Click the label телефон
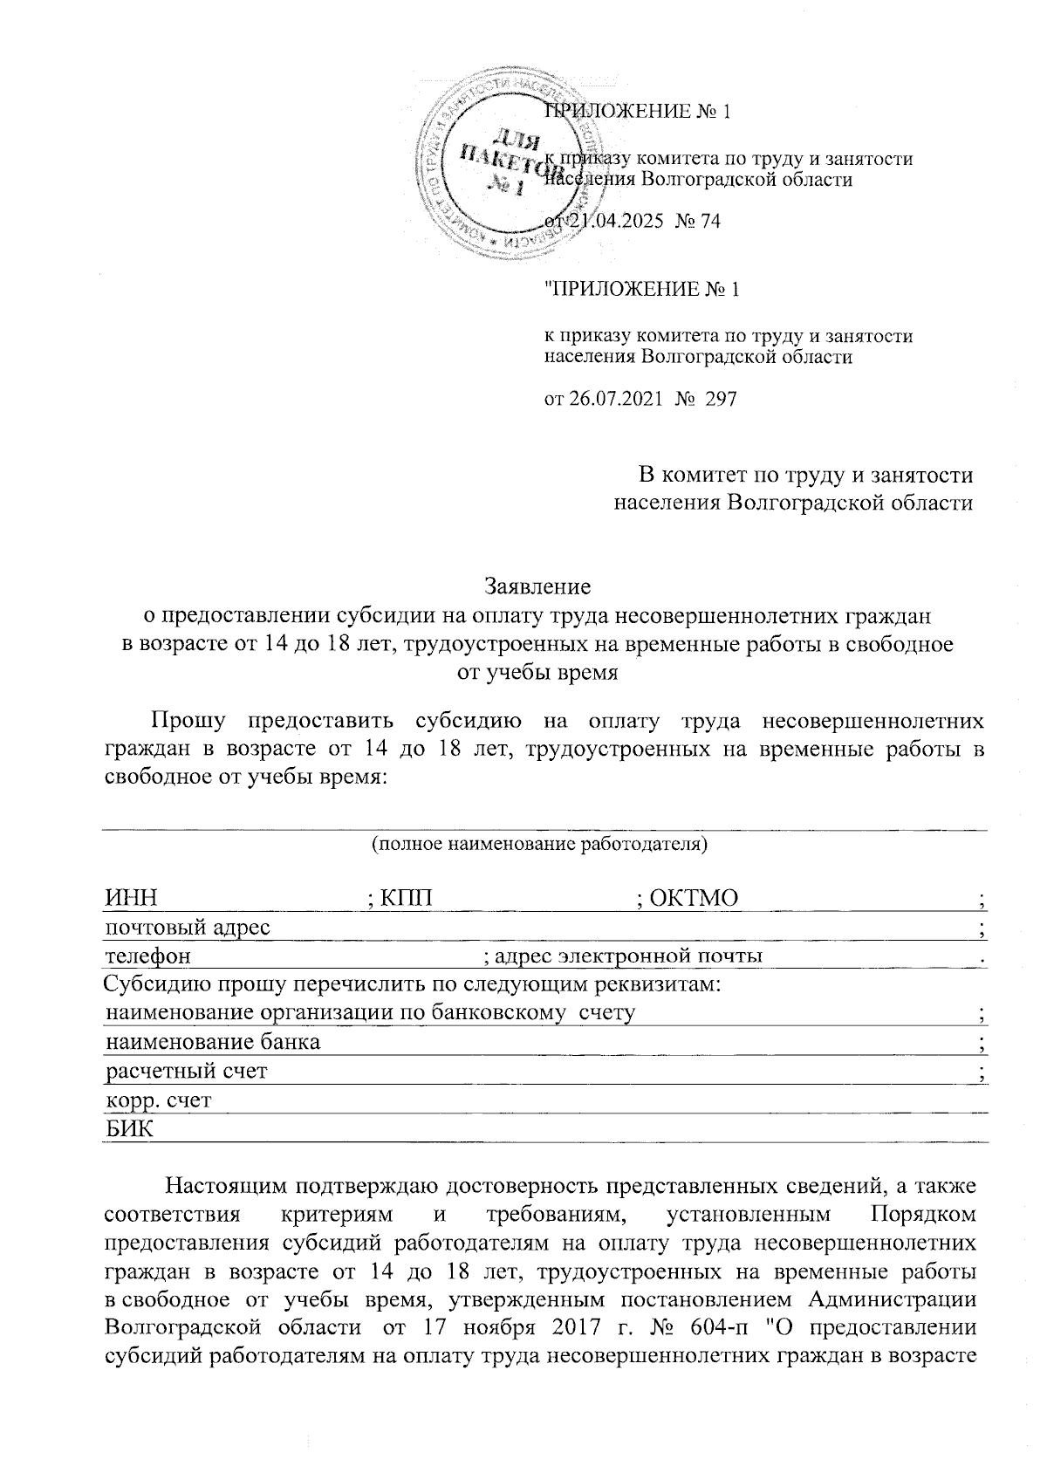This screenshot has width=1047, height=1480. pyautogui.click(x=147, y=956)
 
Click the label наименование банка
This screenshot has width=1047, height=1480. pyautogui.click(x=213, y=1042)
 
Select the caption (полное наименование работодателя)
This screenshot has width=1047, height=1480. pyautogui.click(x=538, y=845)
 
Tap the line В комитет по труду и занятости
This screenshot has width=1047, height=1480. pyautogui.click(x=806, y=476)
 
